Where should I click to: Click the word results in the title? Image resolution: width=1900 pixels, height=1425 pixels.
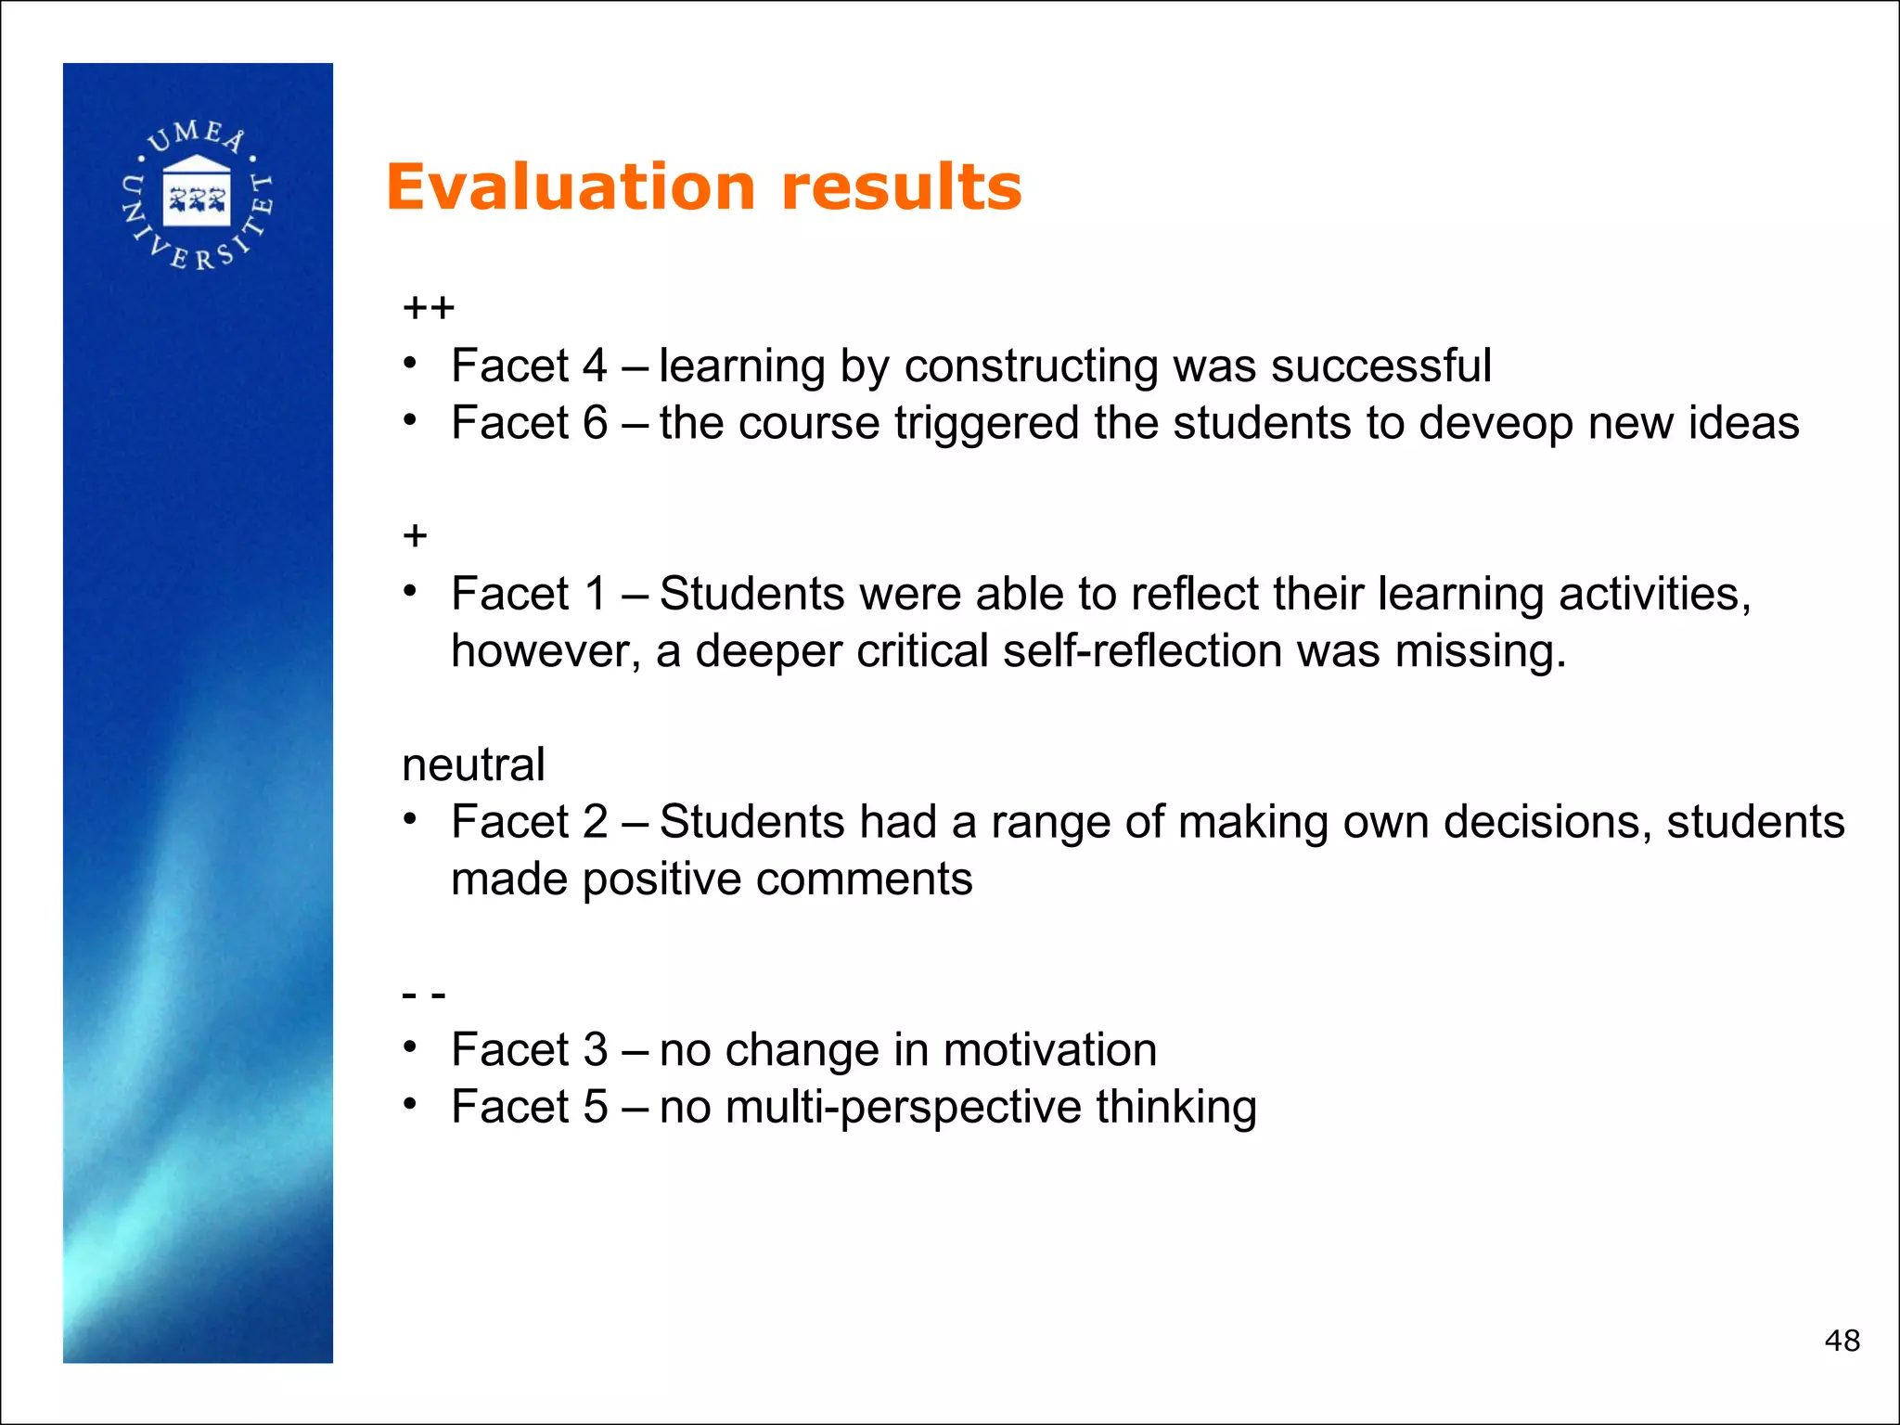pyautogui.click(x=902, y=188)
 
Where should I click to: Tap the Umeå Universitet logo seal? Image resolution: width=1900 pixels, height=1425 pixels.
pyautogui.click(x=198, y=195)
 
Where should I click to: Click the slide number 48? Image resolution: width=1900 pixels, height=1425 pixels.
pyautogui.click(x=1842, y=1341)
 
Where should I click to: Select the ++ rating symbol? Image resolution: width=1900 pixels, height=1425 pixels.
pyautogui.click(x=428, y=308)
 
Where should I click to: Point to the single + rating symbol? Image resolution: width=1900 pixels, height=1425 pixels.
pyautogui.click(x=415, y=536)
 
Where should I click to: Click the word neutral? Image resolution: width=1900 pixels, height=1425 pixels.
pyautogui.click(x=473, y=765)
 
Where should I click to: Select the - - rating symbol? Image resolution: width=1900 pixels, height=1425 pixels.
pyautogui.click(x=424, y=995)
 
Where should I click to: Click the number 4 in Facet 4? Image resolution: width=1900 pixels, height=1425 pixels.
pyautogui.click(x=595, y=366)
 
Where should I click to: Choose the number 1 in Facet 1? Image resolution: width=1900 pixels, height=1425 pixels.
pyautogui.click(x=595, y=594)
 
